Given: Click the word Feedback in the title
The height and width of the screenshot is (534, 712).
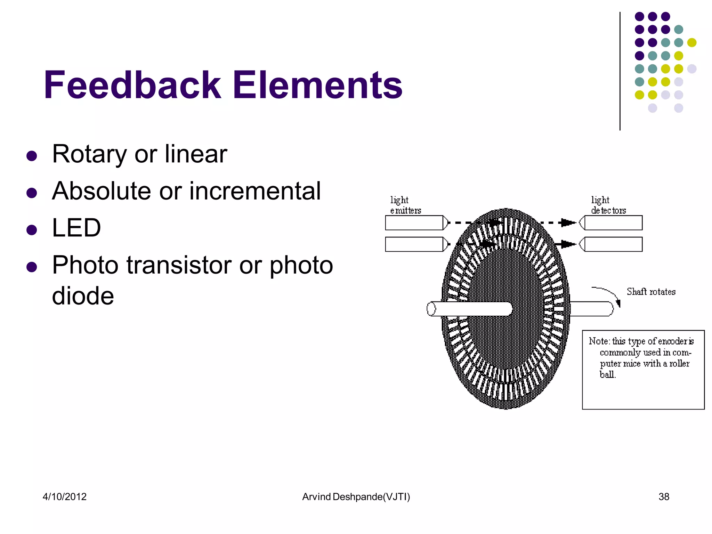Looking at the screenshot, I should (x=132, y=85).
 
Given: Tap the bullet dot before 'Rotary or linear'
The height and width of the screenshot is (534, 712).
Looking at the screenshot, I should (x=32, y=155).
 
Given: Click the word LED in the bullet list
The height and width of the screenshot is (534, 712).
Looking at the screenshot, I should (x=76, y=228).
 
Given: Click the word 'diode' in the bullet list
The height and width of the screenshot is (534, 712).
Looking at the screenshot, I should (x=83, y=296).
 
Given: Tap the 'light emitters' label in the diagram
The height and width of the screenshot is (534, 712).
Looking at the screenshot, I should (x=405, y=205).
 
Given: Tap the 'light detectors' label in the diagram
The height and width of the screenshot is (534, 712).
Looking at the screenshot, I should (x=608, y=205).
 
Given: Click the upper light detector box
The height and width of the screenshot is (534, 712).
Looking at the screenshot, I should (x=613, y=223).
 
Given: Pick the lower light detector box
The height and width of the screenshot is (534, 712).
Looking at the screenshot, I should (x=613, y=244).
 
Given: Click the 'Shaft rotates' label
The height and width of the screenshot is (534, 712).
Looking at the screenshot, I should (x=651, y=292).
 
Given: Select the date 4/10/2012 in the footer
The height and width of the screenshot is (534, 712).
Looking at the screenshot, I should (x=65, y=496).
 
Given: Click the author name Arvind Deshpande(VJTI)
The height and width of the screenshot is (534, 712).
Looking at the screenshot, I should (x=356, y=496).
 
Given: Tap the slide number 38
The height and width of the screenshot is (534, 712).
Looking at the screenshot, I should (x=664, y=496).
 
